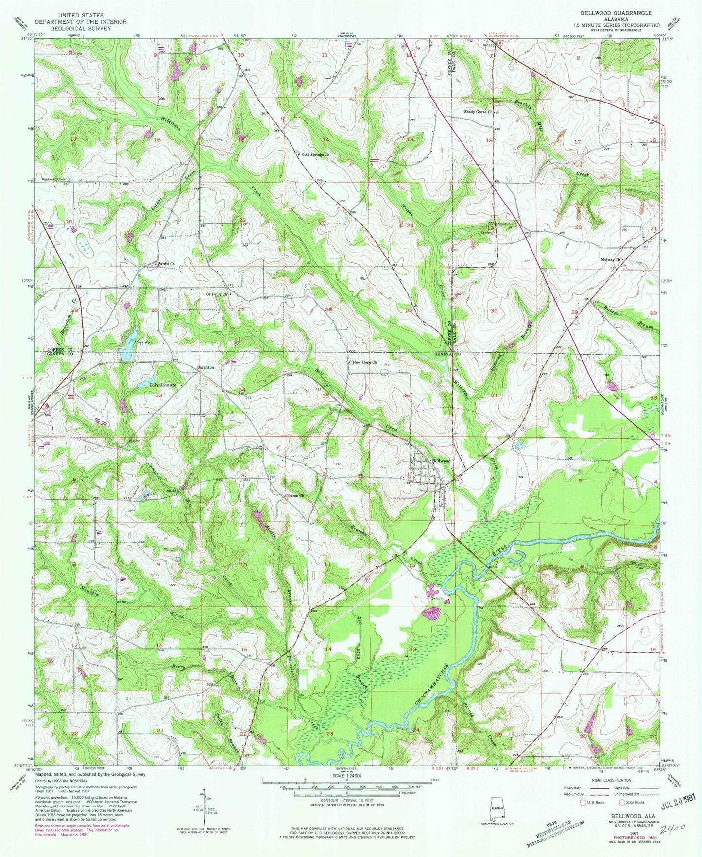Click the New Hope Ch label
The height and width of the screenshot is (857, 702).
pos(364,362)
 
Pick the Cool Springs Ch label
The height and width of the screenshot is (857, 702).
pos(315,155)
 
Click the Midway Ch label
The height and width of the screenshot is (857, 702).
pos(612,259)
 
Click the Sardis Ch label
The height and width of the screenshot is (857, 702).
pos(166,264)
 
